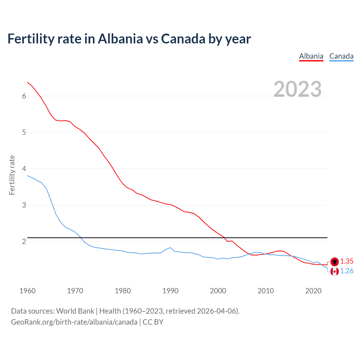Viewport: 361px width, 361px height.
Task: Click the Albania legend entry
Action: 311,56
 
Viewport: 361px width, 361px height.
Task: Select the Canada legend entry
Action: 341,56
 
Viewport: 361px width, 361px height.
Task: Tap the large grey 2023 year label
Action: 298,89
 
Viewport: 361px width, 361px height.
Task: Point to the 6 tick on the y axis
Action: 24,96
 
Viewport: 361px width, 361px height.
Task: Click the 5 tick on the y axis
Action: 24,132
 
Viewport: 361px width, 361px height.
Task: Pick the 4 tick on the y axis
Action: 24,169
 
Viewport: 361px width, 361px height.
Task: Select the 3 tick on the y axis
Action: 24,205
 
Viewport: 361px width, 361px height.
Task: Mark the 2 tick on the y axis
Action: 24,241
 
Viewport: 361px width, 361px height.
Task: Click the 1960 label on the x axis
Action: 27,291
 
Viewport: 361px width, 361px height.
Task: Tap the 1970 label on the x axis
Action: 75,291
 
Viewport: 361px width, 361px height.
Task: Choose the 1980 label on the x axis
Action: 123,291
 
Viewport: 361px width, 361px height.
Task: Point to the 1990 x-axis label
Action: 170,291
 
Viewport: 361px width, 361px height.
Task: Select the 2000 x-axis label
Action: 218,291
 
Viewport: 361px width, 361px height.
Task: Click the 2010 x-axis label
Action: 266,291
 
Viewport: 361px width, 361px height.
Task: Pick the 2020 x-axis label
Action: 313,291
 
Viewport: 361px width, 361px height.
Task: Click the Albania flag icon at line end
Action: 334,262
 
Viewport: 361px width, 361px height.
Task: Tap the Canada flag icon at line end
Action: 334,271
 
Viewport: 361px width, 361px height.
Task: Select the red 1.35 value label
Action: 347,261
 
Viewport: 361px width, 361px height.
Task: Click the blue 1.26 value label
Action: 347,271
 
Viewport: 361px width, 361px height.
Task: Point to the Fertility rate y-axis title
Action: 12,175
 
